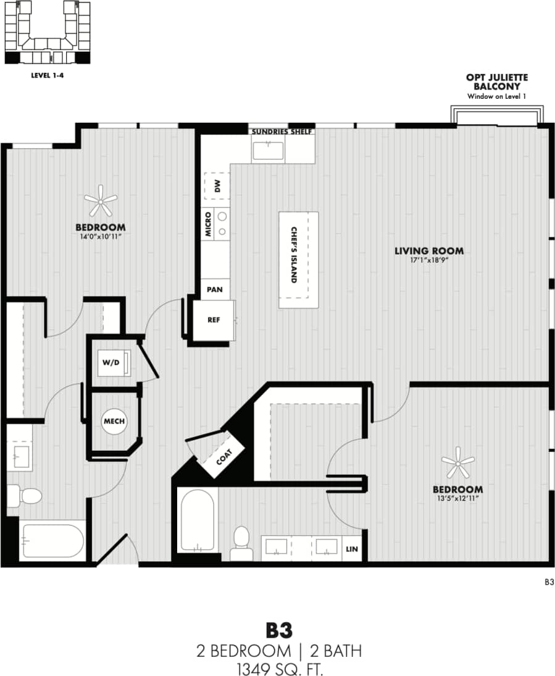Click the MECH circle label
114,421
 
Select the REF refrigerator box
214,320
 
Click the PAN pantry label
214,289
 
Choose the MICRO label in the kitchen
209,225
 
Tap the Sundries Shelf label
282,131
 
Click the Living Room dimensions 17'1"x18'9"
429,260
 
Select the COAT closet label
224,457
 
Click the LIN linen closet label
352,549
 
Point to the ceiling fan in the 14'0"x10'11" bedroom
100,200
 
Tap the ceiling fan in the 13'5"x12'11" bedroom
457,462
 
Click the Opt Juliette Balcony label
496,81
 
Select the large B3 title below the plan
278,630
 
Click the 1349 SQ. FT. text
278,667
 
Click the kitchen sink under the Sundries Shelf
267,151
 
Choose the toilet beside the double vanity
240,541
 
